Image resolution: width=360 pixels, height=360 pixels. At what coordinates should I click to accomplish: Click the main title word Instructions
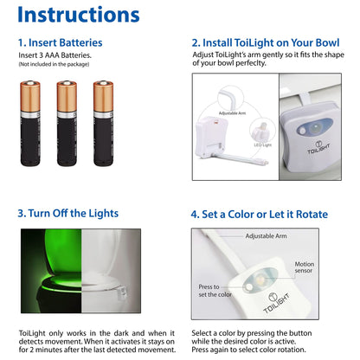[78, 15]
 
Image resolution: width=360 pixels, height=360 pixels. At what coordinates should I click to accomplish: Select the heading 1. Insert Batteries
[60, 42]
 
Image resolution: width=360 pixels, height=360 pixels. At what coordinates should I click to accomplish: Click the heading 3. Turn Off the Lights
[67, 213]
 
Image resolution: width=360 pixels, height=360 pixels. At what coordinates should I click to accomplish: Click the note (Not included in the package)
[55, 65]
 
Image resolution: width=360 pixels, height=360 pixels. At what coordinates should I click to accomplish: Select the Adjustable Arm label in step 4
[267, 235]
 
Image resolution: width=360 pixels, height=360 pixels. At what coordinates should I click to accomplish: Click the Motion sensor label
[329, 268]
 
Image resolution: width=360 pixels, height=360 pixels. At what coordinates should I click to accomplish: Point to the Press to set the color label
[215, 290]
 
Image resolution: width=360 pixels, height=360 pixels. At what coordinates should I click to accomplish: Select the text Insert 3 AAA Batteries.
[55, 55]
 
